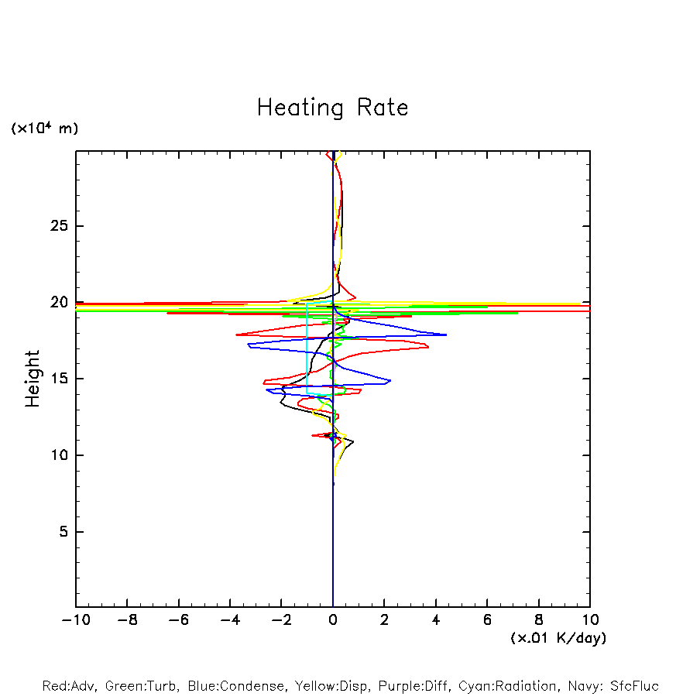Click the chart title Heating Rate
(332, 108)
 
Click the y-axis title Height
(33, 379)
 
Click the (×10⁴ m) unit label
(44, 129)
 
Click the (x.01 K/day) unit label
(558, 638)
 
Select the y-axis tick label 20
(59, 303)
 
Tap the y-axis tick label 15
(59, 379)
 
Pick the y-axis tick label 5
(63, 532)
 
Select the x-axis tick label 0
(333, 620)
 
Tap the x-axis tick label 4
(436, 620)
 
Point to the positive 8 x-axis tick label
(539, 620)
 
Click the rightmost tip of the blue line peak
(446, 335)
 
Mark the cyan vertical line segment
(307, 348)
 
